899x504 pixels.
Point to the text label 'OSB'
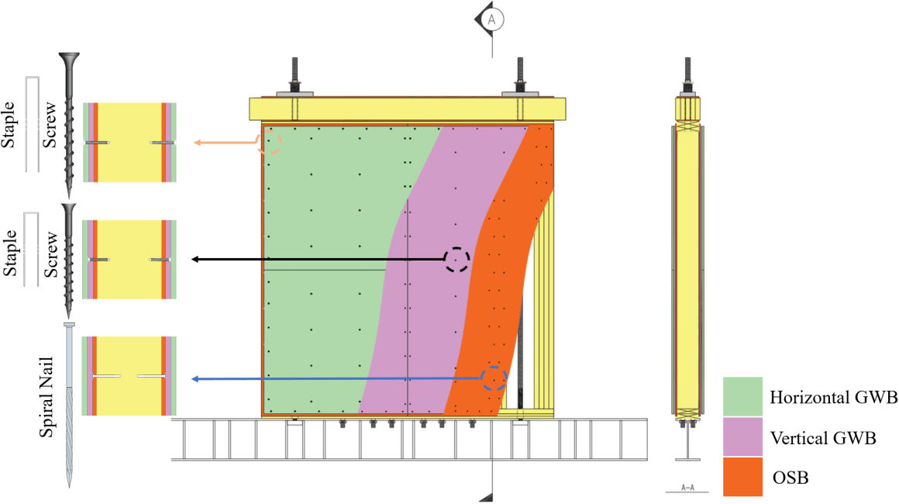[x=790, y=478]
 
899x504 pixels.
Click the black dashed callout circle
[x=456, y=260]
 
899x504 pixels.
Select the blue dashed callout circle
[x=494, y=378]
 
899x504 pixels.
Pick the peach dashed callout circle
[x=269, y=143]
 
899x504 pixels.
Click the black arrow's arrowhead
[x=195, y=260]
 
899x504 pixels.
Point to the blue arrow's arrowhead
[x=195, y=379]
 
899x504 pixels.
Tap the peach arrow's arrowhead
[x=197, y=143]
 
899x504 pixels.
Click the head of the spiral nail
[x=70, y=324]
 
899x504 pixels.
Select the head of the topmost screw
[x=70, y=59]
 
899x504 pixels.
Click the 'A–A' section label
[x=687, y=488]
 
